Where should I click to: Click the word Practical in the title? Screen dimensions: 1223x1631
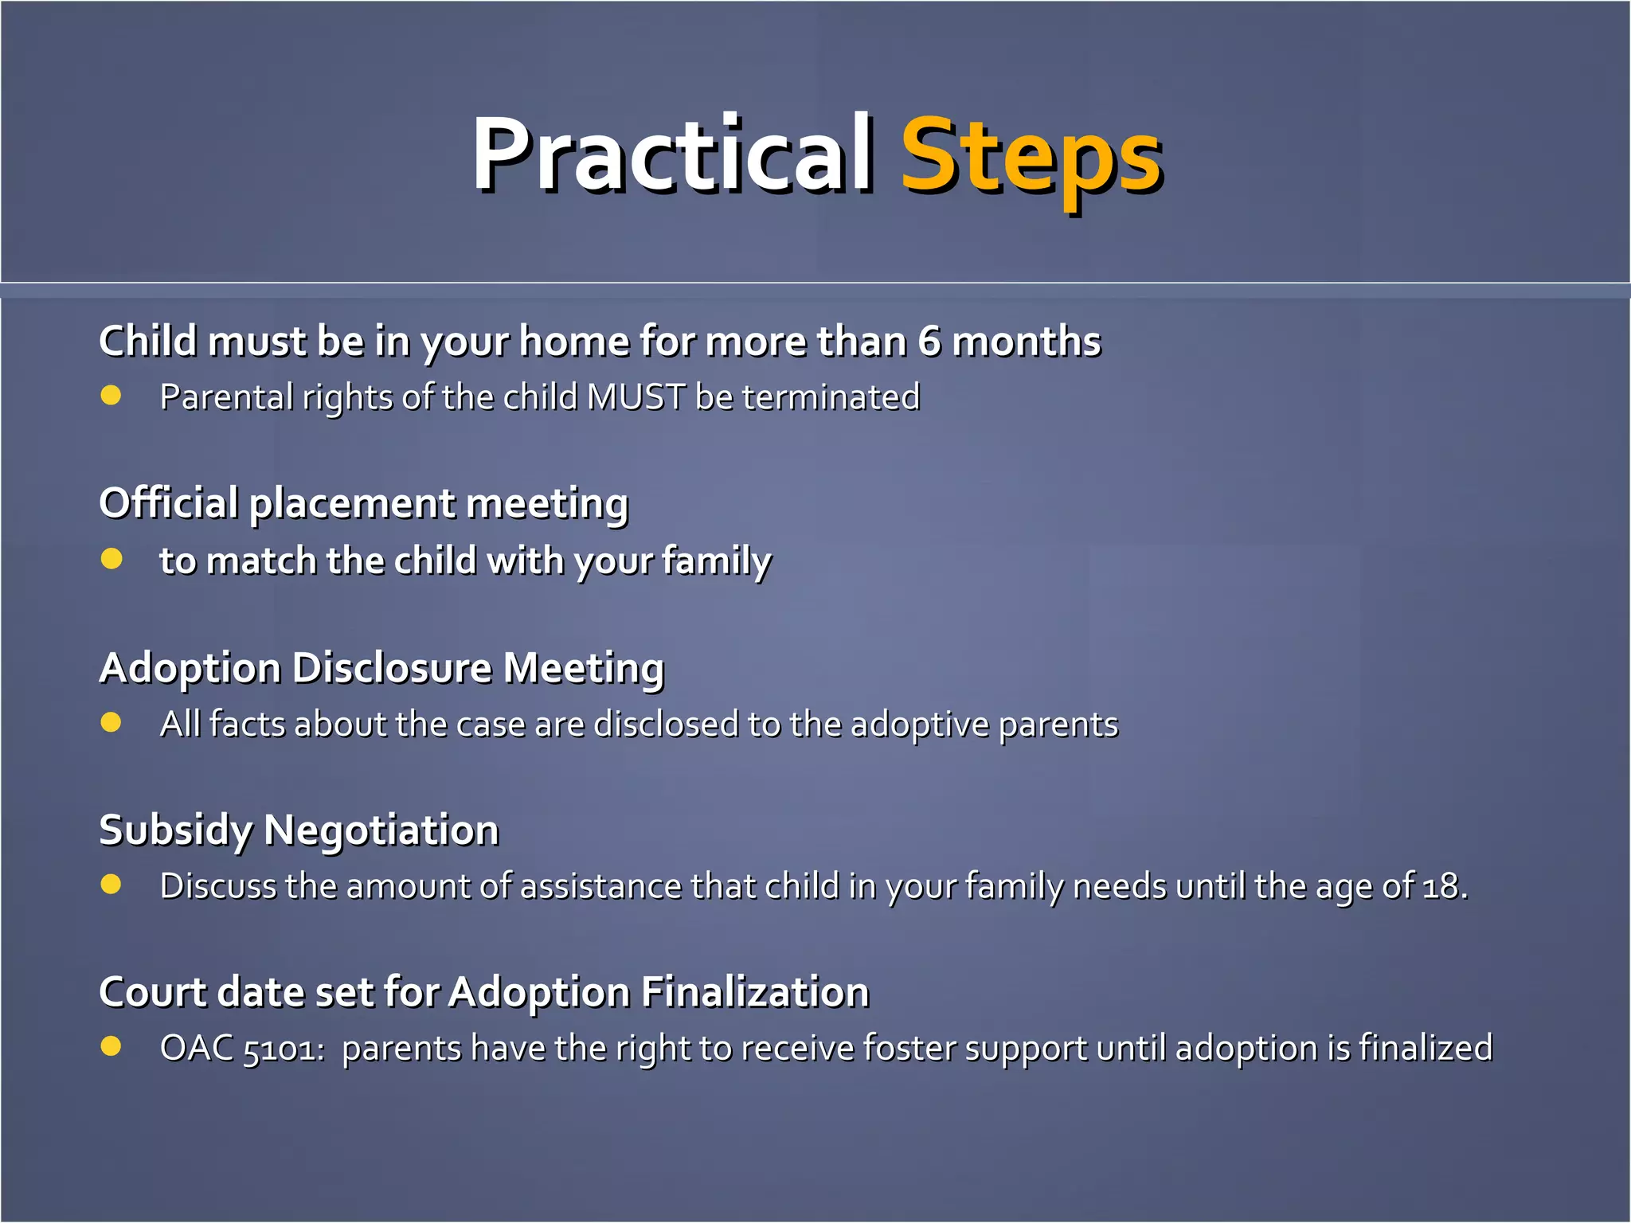coord(671,154)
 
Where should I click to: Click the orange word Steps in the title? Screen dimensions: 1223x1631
coord(1031,156)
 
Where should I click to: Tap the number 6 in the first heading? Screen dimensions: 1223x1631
coord(929,342)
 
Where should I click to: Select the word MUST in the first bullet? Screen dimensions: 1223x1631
coord(636,397)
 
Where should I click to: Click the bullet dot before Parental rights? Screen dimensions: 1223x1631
coord(111,396)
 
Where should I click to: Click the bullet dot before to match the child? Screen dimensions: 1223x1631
coord(111,559)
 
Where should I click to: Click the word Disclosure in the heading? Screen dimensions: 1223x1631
coord(392,667)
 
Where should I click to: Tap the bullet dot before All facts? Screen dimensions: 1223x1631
coord(111,722)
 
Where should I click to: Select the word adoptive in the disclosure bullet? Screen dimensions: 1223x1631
coord(920,725)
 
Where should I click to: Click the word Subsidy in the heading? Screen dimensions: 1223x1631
coord(175,830)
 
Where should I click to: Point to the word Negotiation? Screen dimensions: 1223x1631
coord(381,830)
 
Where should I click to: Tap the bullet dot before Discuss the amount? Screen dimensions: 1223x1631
coord(111,885)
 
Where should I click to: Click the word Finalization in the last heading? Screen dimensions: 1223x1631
coord(754,992)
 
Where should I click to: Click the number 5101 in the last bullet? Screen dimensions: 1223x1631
coord(282,1049)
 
